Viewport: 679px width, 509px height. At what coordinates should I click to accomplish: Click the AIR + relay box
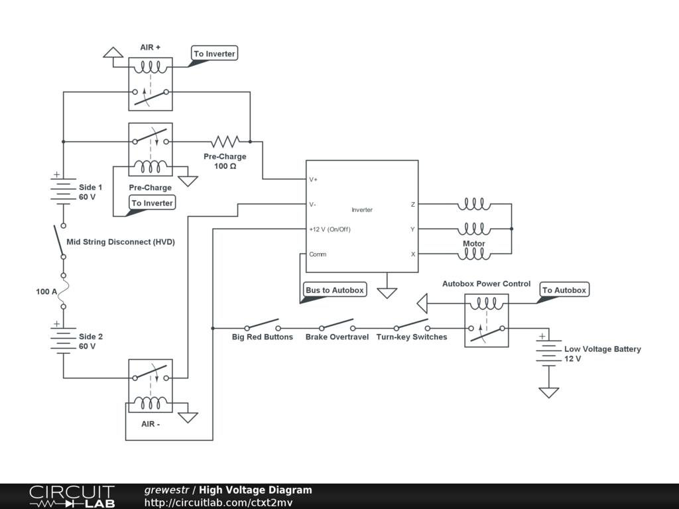point(151,84)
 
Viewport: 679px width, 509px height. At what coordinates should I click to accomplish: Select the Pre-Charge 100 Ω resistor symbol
point(225,141)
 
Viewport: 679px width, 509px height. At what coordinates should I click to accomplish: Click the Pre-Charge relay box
point(151,149)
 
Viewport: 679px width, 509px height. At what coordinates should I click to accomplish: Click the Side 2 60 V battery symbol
point(63,338)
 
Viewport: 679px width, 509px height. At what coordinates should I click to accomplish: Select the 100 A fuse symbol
point(63,291)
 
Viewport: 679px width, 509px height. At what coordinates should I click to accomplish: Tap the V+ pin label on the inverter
point(314,180)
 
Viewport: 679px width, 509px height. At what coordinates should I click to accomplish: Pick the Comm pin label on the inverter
point(318,254)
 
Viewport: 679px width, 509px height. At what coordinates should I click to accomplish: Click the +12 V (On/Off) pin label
point(330,229)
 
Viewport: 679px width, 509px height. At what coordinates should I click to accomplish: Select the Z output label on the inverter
point(412,205)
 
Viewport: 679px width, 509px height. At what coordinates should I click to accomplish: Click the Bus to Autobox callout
point(334,290)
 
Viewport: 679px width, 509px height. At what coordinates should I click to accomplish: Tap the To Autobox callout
point(564,290)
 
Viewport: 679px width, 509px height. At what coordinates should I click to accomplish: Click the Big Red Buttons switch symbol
point(262,325)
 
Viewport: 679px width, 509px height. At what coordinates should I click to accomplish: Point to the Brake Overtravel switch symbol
point(337,325)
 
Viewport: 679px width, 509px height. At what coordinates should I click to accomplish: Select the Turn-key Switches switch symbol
point(412,325)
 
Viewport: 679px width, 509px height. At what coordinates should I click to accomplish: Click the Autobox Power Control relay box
point(487,321)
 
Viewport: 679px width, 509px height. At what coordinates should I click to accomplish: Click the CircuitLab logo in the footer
point(72,496)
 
